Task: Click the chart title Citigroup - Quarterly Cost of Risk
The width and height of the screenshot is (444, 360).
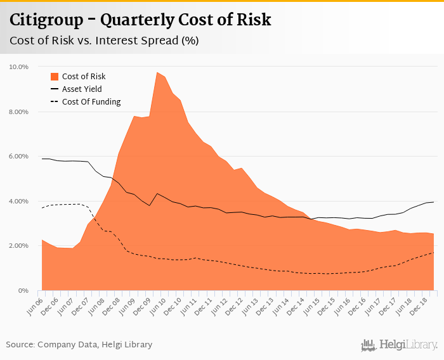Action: coord(140,20)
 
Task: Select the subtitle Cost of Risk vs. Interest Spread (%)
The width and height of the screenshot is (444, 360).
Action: coord(104,41)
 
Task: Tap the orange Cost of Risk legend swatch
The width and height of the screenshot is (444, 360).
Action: coord(54,76)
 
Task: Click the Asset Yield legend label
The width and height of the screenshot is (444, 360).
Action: coord(81,89)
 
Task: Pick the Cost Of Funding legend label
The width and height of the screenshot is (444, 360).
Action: coord(91,102)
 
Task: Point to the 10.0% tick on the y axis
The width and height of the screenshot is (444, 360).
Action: coord(18,67)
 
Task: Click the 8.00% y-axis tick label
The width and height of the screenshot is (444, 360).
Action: coord(18,112)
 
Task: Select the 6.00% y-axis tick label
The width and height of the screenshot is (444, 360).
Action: coord(18,157)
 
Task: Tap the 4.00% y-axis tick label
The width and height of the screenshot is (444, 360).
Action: coord(18,201)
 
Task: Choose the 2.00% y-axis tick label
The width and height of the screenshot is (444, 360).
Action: coord(18,246)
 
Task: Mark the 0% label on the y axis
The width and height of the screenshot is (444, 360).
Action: coord(23,290)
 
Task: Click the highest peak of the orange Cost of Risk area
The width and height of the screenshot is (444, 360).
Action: coord(157,72)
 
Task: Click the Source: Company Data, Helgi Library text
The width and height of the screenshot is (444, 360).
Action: coord(79,345)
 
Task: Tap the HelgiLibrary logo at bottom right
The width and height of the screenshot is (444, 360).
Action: coord(399,345)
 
